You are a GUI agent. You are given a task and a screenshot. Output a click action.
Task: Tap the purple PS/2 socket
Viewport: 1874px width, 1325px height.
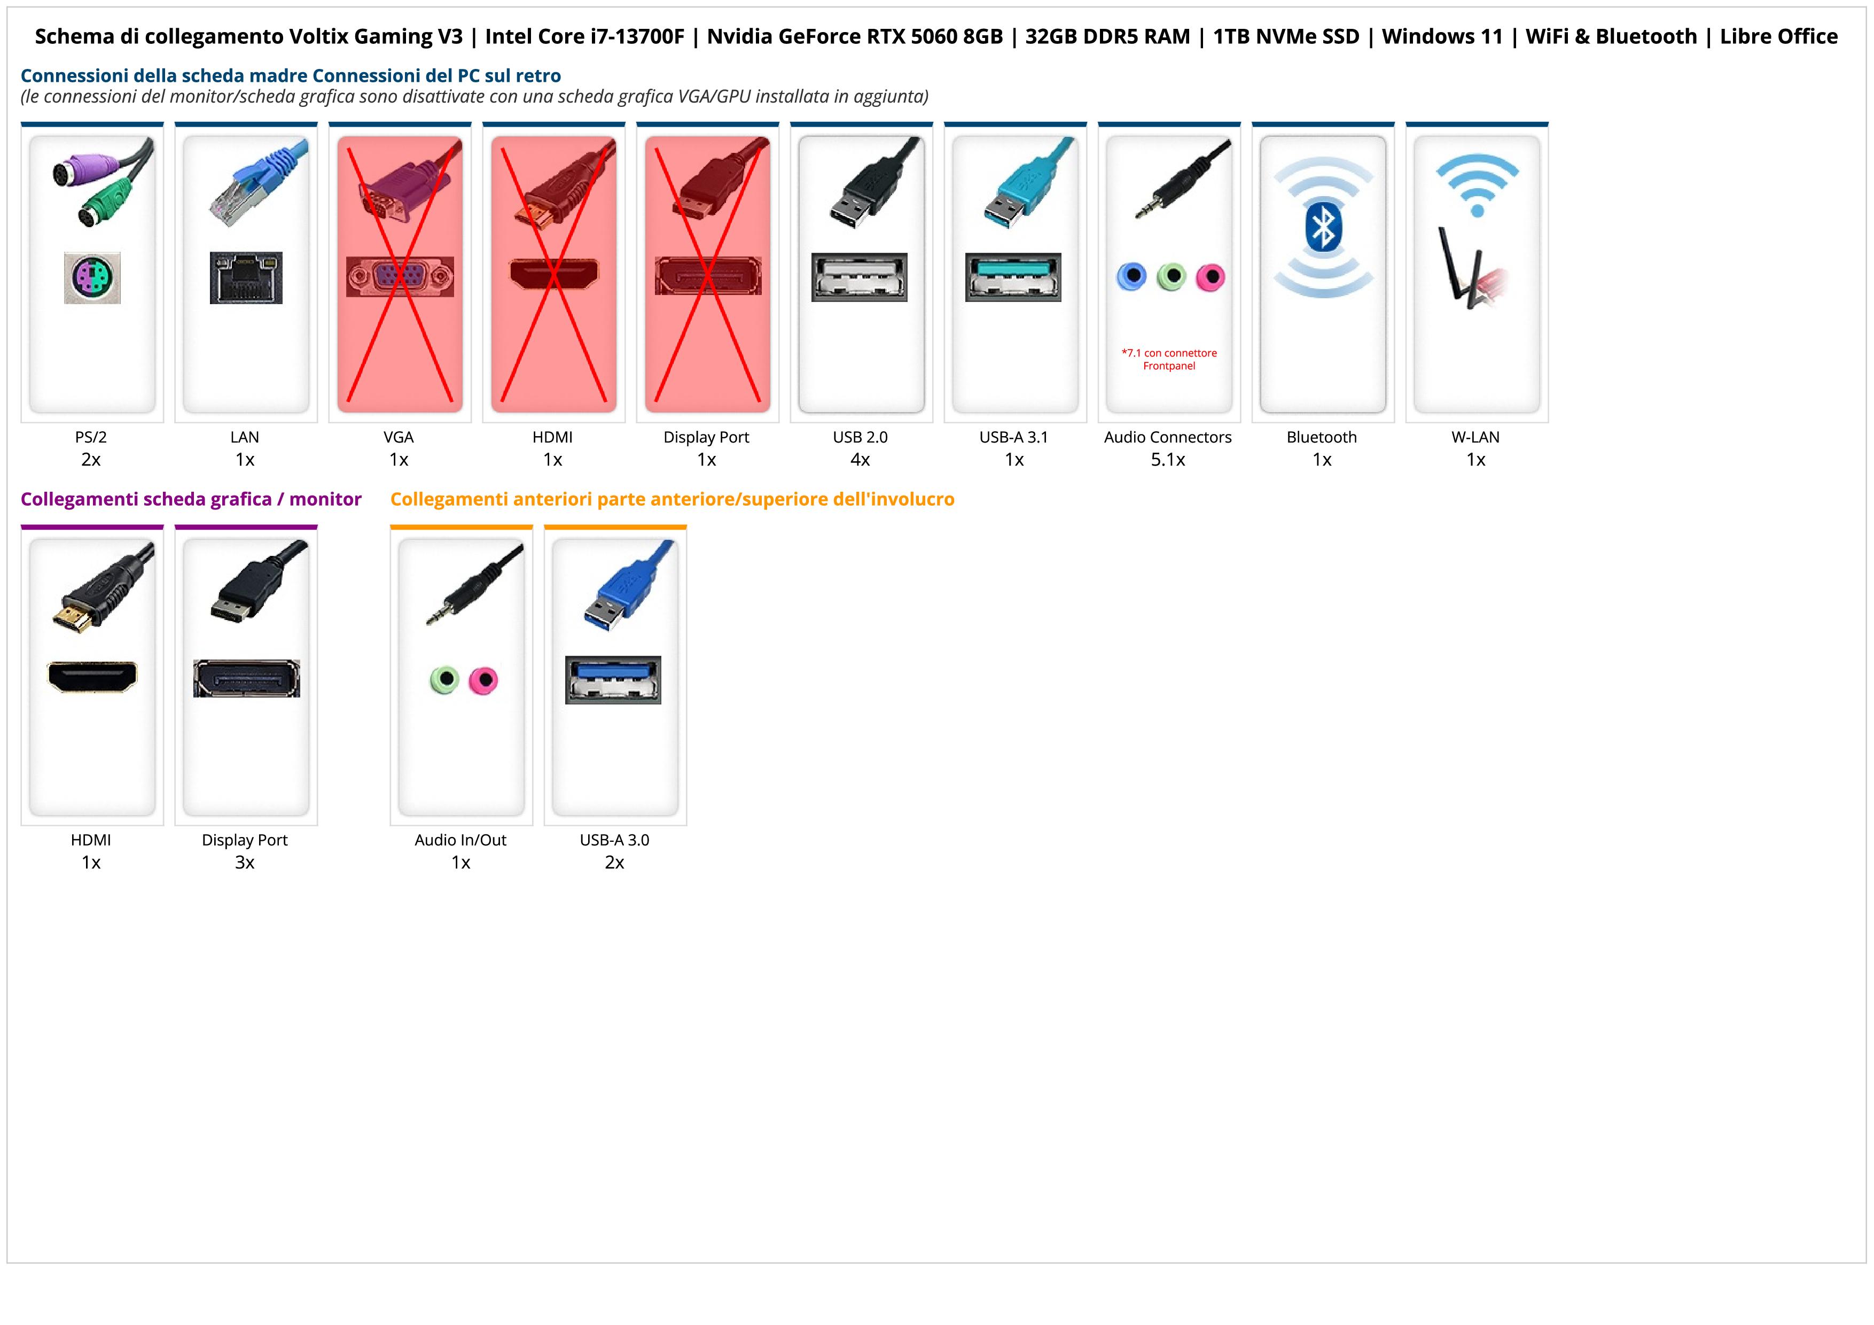coord(92,277)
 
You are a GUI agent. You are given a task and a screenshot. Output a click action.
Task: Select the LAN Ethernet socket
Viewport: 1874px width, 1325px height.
coord(246,277)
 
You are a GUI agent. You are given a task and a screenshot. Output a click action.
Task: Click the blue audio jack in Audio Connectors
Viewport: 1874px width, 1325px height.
coord(1131,277)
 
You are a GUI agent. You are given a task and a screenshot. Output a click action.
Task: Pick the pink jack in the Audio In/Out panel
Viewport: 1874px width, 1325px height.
coord(483,679)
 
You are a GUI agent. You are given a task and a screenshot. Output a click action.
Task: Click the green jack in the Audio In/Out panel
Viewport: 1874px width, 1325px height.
coord(444,679)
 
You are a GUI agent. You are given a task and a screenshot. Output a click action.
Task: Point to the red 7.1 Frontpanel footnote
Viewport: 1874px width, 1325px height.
coord(1169,359)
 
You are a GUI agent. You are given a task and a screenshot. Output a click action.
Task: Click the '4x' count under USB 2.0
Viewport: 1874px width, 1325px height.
coord(860,460)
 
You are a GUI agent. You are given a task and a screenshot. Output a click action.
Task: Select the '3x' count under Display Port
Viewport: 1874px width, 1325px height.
coord(245,862)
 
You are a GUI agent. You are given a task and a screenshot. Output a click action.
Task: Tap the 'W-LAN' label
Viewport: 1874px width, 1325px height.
coord(1475,437)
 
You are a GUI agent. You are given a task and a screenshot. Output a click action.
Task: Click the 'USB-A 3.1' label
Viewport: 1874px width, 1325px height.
coord(1014,437)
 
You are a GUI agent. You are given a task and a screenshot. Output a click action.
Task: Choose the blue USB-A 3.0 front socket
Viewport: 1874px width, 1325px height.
coord(613,679)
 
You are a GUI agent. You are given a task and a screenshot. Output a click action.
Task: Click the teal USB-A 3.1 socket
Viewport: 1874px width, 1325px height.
coord(1014,277)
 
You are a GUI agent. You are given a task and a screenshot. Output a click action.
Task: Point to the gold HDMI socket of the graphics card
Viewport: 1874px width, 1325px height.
coord(92,677)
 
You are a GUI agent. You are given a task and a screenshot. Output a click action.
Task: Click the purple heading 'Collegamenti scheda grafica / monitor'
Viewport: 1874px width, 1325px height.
coord(191,499)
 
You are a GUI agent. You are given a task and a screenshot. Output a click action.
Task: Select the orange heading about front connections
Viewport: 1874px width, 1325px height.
coord(671,499)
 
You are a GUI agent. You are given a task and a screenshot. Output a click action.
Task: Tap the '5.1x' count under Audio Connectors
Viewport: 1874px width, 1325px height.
coord(1168,460)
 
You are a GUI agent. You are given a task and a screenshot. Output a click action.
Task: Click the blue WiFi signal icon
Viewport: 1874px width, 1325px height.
coord(1477,184)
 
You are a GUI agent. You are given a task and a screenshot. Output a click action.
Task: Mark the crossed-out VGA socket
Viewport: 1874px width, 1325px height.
coord(399,277)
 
